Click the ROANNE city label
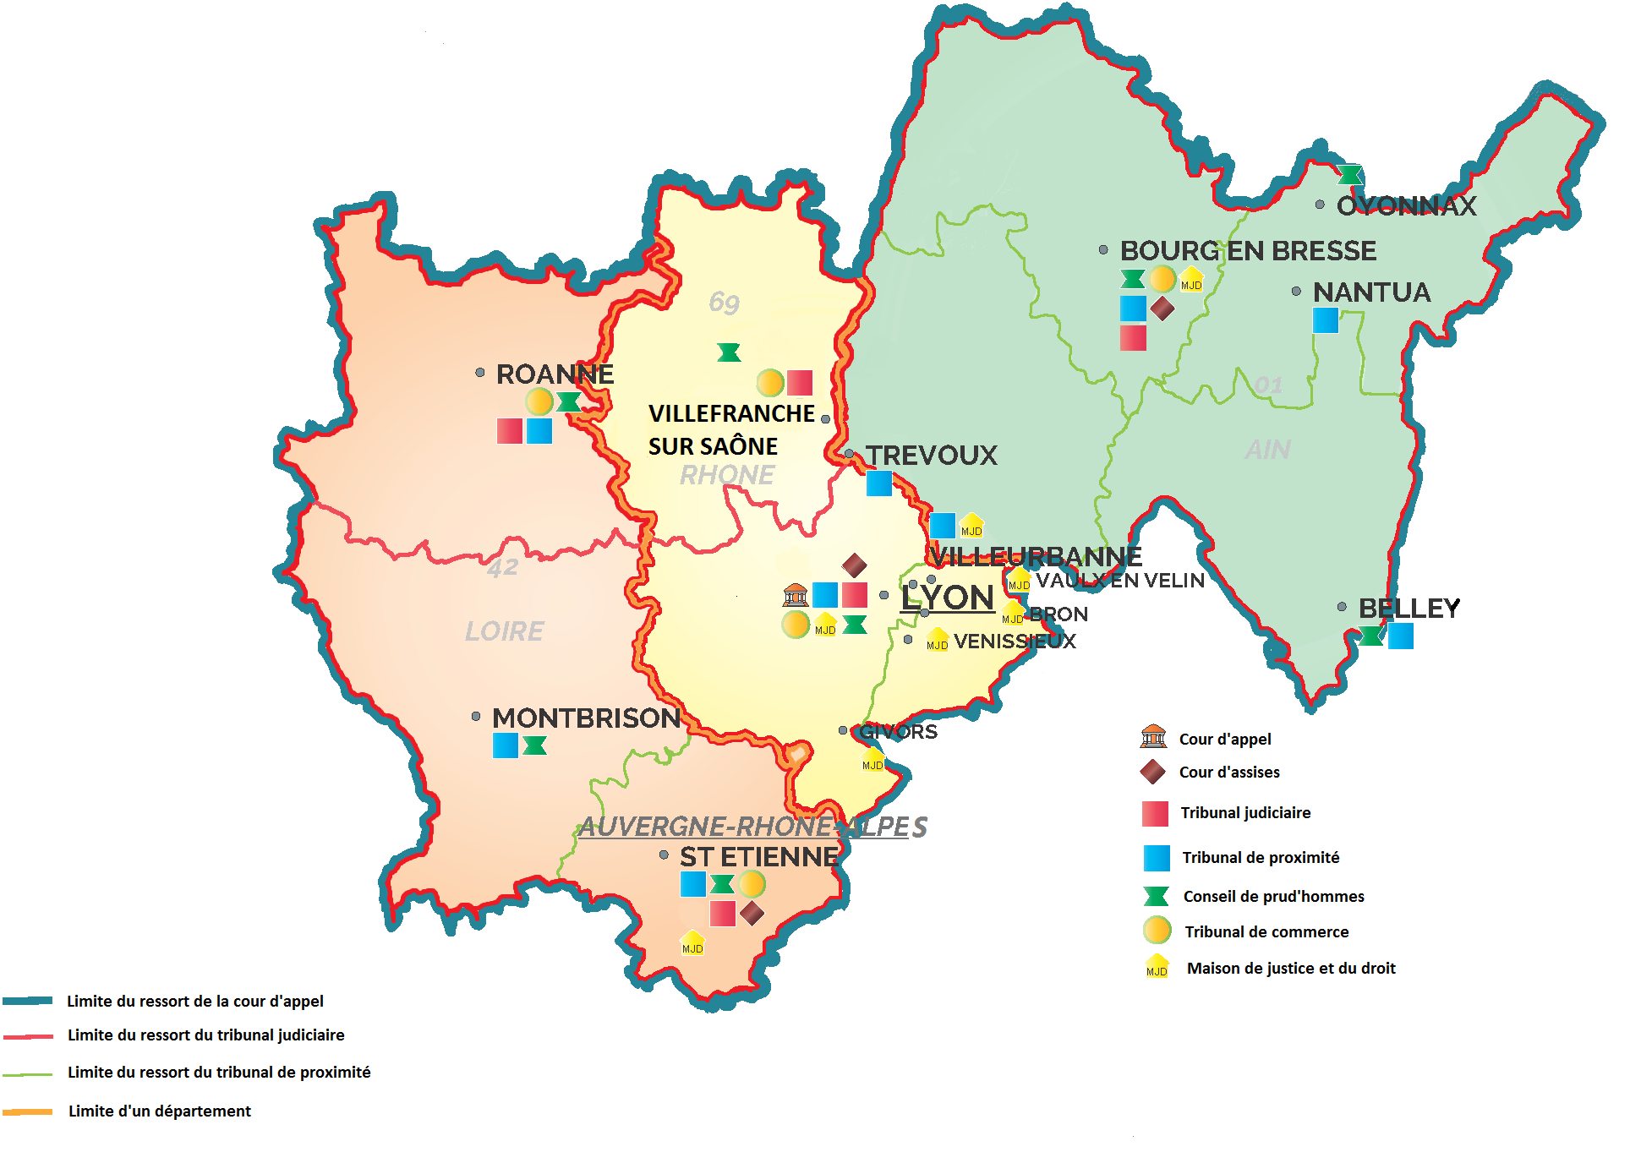click(555, 374)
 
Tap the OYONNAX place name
click(1406, 205)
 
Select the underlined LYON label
click(947, 598)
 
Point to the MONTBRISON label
click(586, 718)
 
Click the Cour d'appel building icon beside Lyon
click(795, 595)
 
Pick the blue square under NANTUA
click(1325, 320)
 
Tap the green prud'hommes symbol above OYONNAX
click(1350, 175)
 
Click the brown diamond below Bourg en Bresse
click(1162, 309)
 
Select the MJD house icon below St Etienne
click(692, 942)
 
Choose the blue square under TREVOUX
click(879, 483)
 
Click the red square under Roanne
click(509, 431)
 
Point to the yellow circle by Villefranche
click(770, 383)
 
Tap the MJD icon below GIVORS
click(872, 760)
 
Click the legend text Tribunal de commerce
click(1266, 931)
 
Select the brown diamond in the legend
click(1152, 772)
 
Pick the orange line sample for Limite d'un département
click(27, 1111)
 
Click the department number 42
click(502, 567)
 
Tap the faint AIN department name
click(1267, 450)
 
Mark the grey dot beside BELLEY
click(1342, 607)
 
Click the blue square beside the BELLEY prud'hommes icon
click(1400, 636)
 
